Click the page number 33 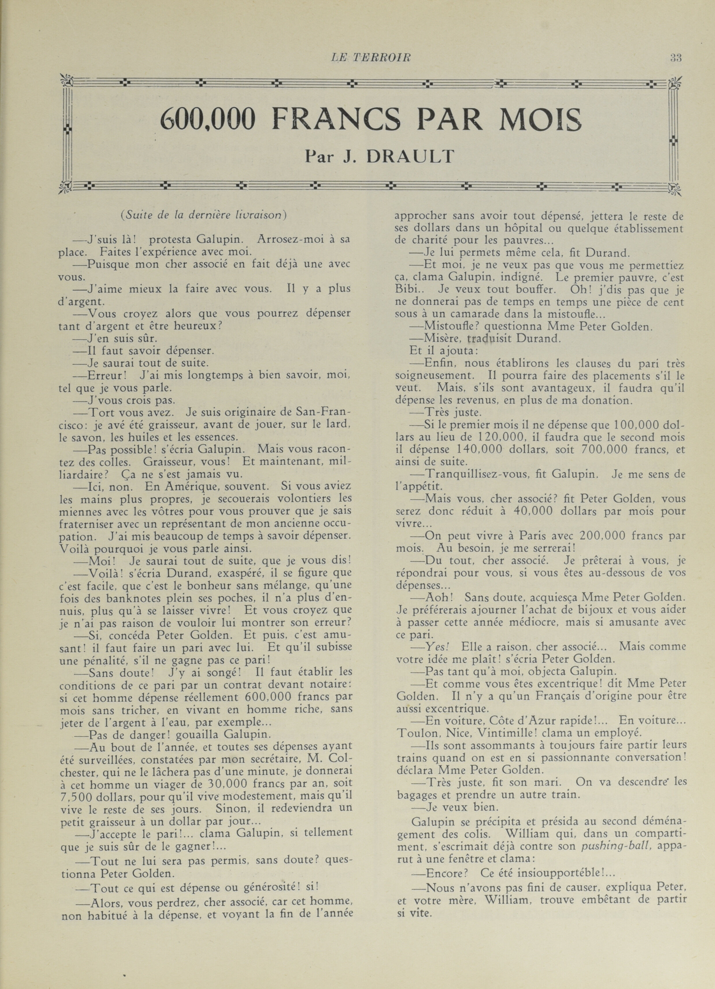[676, 58]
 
